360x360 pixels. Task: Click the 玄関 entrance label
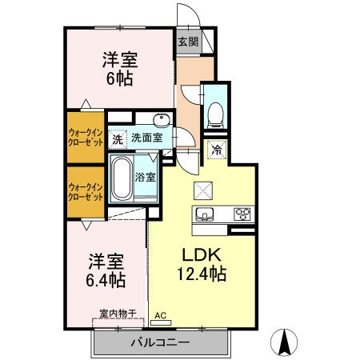point(187,42)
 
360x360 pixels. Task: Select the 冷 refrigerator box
point(217,149)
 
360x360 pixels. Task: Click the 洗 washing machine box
point(118,138)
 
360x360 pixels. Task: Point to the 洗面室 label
point(147,138)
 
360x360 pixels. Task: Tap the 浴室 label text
point(145,177)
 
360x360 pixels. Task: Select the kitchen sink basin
point(204,214)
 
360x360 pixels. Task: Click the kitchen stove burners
point(242,214)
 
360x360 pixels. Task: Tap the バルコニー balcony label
point(160,342)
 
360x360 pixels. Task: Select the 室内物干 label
point(118,313)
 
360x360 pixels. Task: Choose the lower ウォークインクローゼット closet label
point(85,191)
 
